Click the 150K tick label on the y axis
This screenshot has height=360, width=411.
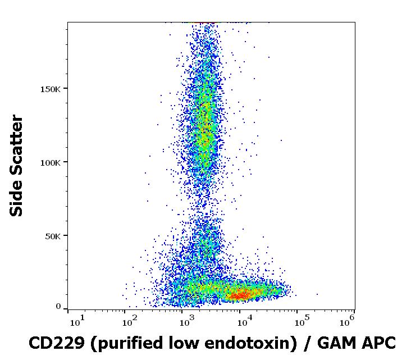tap(54, 88)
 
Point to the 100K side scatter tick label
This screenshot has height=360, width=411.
tap(54, 162)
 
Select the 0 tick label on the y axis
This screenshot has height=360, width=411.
tap(58, 307)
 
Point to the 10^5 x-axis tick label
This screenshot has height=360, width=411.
tap(301, 322)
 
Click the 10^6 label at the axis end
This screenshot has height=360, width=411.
tap(347, 322)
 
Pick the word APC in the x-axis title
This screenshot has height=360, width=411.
tap(379, 342)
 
